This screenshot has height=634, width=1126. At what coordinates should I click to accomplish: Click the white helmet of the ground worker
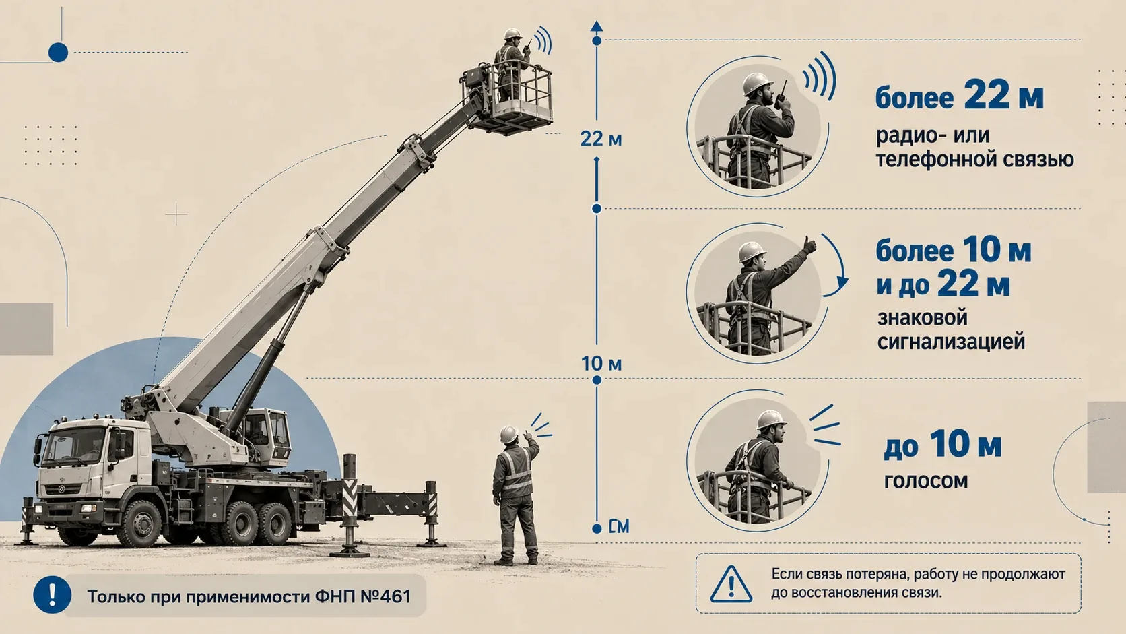[x=508, y=435]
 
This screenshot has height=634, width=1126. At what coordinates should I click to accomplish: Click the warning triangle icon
[x=731, y=584]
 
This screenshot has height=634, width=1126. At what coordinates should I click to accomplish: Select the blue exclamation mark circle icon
[x=53, y=595]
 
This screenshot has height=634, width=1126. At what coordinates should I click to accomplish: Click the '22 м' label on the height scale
[x=601, y=139]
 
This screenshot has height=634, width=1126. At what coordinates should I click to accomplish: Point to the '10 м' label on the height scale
[x=601, y=364]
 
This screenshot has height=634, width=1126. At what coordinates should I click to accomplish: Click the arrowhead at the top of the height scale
[x=597, y=27]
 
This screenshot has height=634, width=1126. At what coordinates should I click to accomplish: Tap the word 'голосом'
[x=925, y=480]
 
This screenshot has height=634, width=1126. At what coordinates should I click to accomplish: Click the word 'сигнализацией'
[x=950, y=342]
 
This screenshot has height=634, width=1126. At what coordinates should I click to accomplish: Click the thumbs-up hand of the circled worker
[x=809, y=245]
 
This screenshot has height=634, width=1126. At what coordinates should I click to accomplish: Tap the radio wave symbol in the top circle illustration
[x=820, y=75]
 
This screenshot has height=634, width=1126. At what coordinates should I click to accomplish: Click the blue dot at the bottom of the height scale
[x=597, y=528]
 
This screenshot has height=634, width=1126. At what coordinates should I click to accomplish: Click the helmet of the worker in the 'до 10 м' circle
[x=771, y=419]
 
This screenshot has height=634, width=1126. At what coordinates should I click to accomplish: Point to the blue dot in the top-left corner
[x=59, y=53]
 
